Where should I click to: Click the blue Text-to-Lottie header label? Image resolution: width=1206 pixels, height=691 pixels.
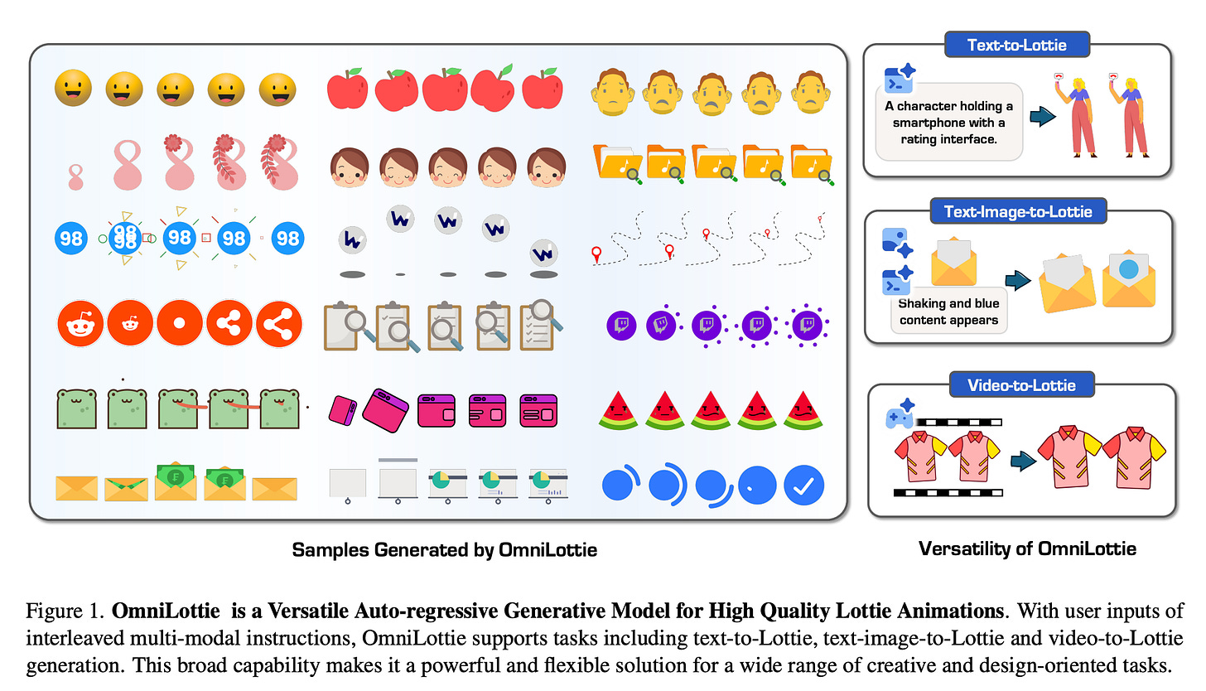point(1017,44)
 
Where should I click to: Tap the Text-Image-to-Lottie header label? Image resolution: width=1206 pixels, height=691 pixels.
point(1018,211)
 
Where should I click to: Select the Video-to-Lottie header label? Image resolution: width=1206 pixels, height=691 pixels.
point(1021,385)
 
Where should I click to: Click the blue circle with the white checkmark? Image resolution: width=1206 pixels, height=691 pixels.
point(803,486)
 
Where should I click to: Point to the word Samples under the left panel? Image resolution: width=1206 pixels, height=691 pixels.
point(325,549)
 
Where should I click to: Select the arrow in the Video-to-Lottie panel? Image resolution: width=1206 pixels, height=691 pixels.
point(1025,460)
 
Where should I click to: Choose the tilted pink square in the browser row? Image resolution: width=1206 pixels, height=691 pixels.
point(342,409)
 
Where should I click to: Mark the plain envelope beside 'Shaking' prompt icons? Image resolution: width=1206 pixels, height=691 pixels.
point(953,261)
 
